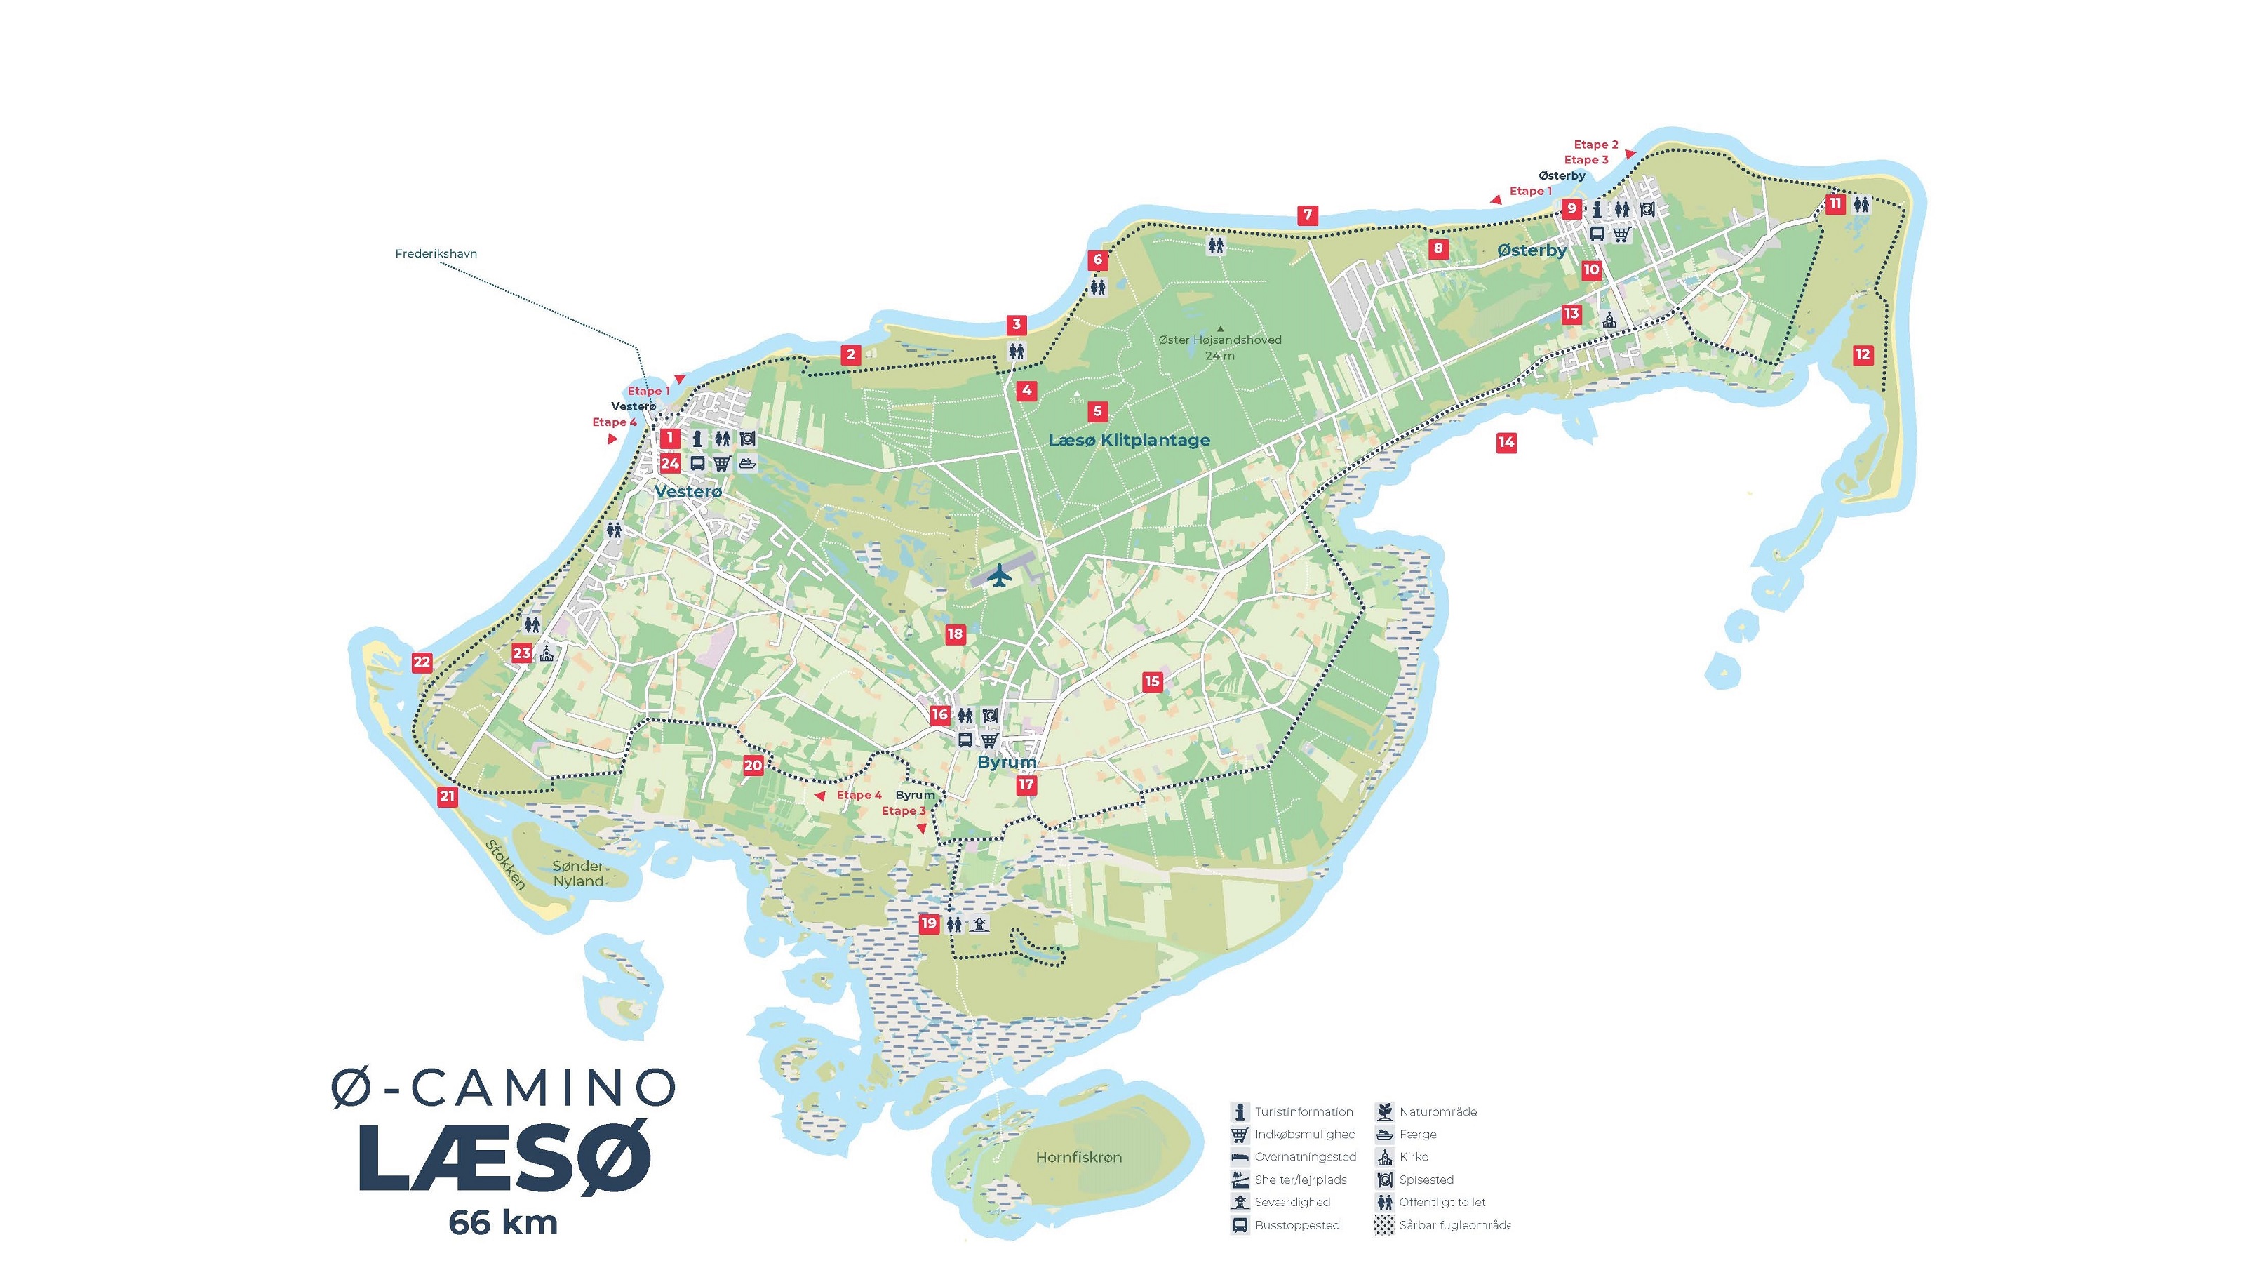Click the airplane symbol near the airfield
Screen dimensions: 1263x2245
1000,575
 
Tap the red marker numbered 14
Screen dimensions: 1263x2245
1506,443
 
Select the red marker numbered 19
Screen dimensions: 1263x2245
929,923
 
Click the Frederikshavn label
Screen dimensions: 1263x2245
436,253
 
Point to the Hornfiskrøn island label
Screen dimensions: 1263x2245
1079,1156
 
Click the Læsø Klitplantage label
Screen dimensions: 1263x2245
1129,440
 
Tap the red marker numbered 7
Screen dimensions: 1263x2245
1306,215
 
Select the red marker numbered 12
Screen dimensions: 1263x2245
1863,355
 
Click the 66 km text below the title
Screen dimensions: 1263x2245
503,1222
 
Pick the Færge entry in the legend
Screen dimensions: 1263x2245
1417,1134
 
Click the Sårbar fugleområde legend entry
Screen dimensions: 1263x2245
1454,1224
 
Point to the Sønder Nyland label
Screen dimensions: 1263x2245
578,874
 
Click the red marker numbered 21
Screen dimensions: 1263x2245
447,796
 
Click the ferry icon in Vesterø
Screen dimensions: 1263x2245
747,463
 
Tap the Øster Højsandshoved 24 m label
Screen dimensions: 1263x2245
1219,347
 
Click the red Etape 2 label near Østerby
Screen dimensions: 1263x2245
1596,145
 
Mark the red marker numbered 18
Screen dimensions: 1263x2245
955,634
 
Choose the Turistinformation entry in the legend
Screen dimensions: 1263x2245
1303,1111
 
